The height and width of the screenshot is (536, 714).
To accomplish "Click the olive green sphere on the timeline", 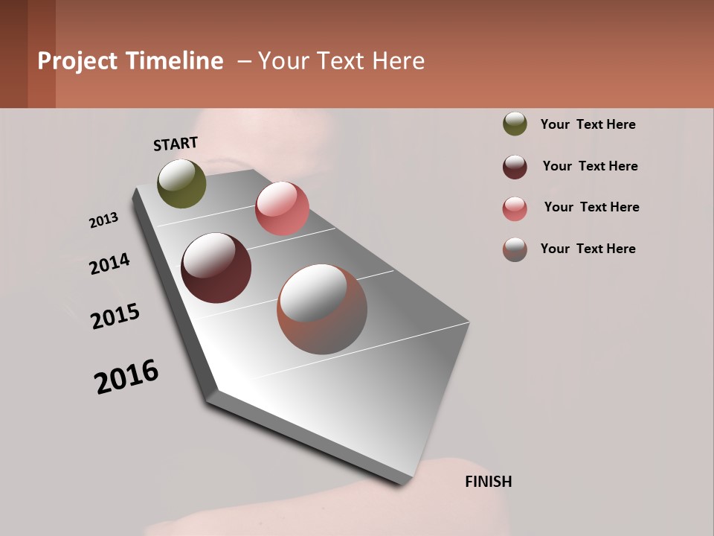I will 181,183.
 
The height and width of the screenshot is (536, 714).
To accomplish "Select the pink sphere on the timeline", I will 282,208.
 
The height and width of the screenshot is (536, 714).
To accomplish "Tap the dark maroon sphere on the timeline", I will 216,268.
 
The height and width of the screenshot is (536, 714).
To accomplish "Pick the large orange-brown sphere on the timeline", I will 322,309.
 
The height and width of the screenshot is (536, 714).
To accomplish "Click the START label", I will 176,144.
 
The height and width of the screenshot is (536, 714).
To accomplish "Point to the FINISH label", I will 488,482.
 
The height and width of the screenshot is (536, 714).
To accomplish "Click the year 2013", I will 103,220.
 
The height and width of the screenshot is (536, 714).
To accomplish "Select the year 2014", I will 109,264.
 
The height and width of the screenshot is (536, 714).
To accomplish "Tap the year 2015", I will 115,316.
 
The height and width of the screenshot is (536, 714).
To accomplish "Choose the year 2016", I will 126,377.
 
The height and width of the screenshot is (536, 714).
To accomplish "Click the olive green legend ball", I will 515,124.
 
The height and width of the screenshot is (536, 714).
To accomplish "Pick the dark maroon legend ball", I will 515,167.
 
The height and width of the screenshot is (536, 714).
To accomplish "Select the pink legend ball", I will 515,208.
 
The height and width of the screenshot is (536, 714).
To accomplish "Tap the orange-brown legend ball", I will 515,249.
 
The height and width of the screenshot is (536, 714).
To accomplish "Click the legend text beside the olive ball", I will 588,124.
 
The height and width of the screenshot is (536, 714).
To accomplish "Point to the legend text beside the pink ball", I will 591,207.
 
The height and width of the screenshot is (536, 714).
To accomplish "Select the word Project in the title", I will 77,61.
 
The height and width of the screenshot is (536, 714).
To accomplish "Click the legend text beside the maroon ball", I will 590,166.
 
